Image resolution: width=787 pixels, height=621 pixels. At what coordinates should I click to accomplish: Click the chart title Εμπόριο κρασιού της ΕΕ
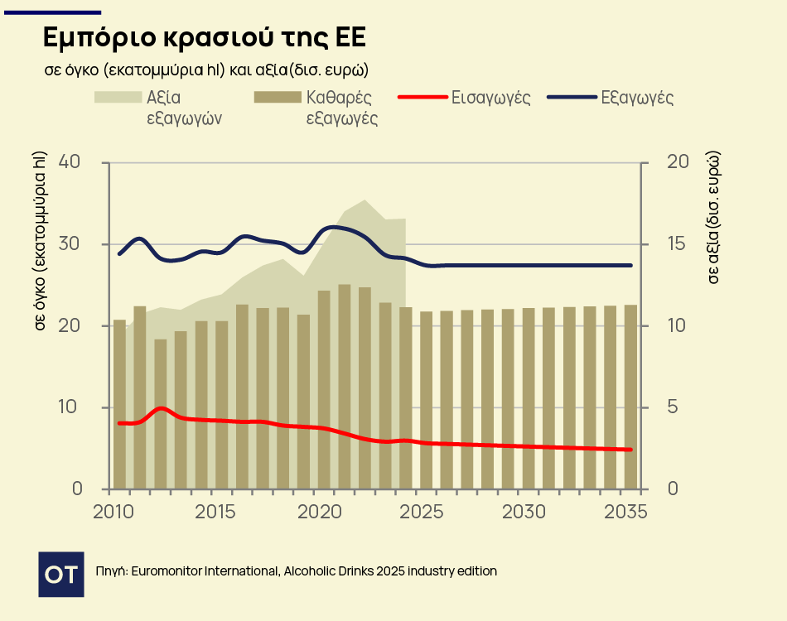(204, 38)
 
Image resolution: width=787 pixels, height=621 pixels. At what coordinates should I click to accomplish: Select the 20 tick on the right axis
(678, 162)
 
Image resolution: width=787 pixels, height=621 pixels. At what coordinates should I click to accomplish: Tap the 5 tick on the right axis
(672, 407)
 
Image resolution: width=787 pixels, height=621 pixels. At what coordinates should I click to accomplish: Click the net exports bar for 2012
(161, 414)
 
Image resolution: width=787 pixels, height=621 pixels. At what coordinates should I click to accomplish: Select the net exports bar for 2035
(630, 397)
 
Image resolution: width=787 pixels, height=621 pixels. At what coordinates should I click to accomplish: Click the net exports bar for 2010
(120, 404)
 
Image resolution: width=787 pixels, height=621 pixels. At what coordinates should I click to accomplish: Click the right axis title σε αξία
(713, 218)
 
